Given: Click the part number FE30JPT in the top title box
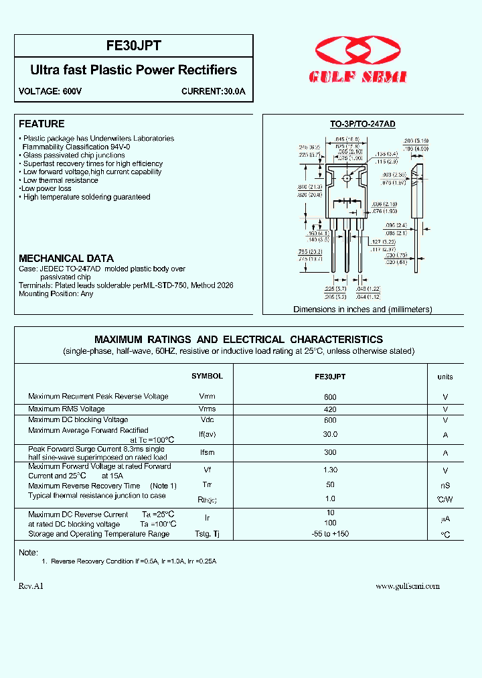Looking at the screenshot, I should click(x=134, y=46).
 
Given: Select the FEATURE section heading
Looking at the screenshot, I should click(x=42, y=124).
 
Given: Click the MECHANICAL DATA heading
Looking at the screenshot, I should click(x=66, y=258).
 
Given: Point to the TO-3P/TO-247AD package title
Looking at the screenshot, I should click(x=362, y=125).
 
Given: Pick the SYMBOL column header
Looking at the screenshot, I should click(x=207, y=377).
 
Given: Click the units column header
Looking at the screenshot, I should click(x=445, y=377).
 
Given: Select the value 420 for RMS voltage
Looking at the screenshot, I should click(x=330, y=409).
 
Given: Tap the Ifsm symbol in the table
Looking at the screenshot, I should click(x=207, y=453).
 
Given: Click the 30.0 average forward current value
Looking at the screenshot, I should click(x=330, y=435).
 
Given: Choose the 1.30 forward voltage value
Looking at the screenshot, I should click(x=330, y=471).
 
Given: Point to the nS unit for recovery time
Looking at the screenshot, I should click(x=445, y=486).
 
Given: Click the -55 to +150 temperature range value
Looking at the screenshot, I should click(x=330, y=534).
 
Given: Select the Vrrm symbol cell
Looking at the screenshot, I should click(x=207, y=397).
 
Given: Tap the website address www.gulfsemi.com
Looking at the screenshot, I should click(x=407, y=586).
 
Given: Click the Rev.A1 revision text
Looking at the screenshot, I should click(x=31, y=586).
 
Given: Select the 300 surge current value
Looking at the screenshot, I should click(x=330, y=453).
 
